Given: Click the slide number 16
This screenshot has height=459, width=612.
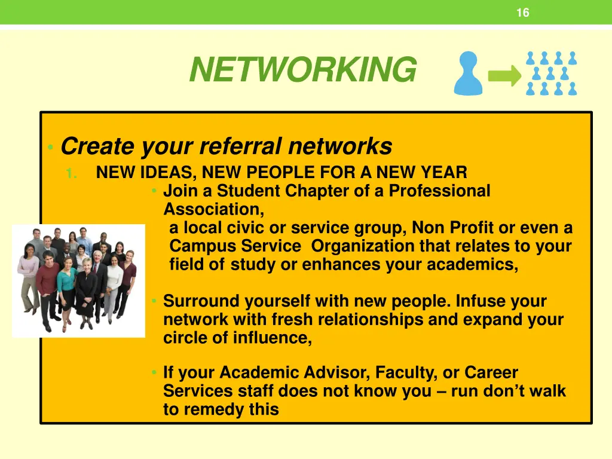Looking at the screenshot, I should (522, 13).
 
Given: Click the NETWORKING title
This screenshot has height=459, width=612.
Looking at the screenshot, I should (302, 70).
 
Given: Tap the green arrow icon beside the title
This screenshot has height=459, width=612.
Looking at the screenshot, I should (504, 76).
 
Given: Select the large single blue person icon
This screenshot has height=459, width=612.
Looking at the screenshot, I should (468, 74).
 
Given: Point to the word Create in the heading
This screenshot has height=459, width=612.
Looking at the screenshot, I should (98, 146).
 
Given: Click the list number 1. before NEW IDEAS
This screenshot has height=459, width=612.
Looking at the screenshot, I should (72, 173).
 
